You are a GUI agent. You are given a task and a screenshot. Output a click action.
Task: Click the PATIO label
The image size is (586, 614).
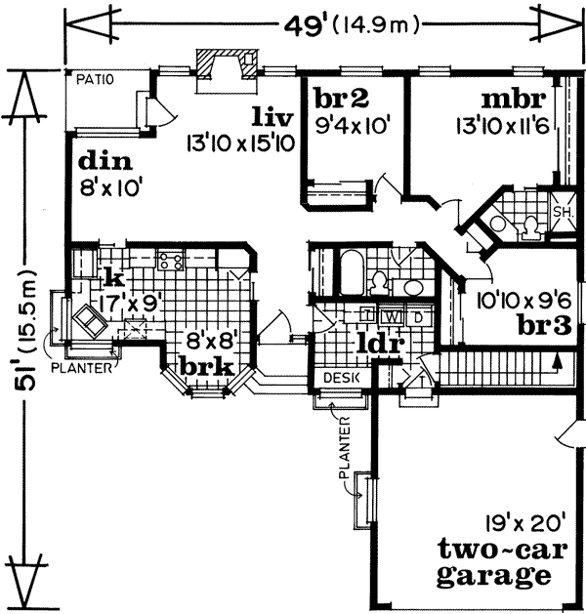coord(97,78)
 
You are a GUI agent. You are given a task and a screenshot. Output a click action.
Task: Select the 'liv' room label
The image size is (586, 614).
coord(271,118)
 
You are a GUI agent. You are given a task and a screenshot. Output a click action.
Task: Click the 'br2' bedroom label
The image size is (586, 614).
coord(339,98)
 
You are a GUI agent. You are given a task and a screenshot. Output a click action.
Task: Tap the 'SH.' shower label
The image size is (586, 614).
coord(563,212)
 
